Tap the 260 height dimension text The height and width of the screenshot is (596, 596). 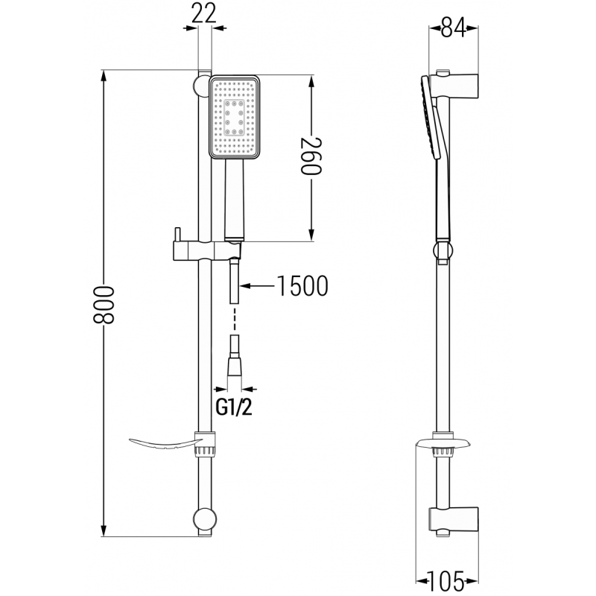311,156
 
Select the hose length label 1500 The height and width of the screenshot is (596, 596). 302,285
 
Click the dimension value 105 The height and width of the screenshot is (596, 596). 446,580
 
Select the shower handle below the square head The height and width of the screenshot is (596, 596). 234,201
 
